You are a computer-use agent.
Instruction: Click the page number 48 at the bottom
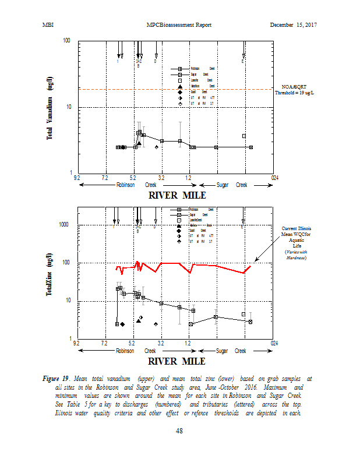click(180, 431)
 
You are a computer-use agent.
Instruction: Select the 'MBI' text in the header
click(48, 24)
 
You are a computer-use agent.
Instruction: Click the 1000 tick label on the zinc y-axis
click(65, 225)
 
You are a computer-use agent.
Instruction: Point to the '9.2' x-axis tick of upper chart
click(76, 177)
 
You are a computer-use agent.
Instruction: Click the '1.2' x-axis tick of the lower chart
click(189, 344)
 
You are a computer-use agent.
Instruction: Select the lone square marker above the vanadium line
click(244, 136)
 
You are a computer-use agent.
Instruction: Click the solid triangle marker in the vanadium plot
click(139, 143)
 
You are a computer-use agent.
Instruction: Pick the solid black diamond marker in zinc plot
click(122, 324)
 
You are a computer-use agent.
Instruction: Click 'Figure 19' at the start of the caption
click(56, 378)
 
